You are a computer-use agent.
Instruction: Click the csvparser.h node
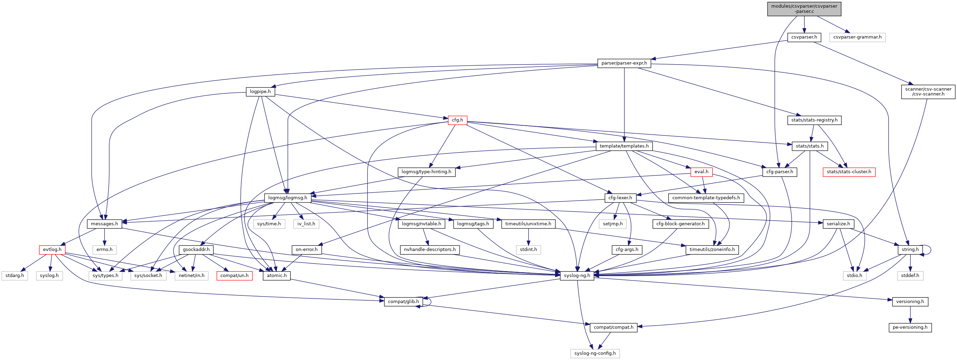(804, 37)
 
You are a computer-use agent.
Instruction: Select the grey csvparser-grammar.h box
(857, 37)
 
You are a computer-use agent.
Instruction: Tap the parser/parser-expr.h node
(624, 63)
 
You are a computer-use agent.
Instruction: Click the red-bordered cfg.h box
(457, 120)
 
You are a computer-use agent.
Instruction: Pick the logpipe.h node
(260, 91)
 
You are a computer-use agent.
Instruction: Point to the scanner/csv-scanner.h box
(928, 91)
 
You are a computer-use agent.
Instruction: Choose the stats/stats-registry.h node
(814, 120)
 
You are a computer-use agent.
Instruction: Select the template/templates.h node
(624, 146)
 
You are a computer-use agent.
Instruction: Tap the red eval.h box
(701, 172)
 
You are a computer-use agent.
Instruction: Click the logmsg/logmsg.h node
(287, 198)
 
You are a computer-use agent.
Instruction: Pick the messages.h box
(104, 224)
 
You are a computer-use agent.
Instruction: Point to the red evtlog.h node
(52, 250)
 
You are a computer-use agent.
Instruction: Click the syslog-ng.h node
(577, 276)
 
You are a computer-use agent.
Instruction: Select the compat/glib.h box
(403, 302)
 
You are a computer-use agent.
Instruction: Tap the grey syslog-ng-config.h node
(595, 353)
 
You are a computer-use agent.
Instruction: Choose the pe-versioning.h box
(910, 327)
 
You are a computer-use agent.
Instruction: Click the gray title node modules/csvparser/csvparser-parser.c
(804, 9)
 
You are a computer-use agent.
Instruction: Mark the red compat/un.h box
(234, 276)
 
